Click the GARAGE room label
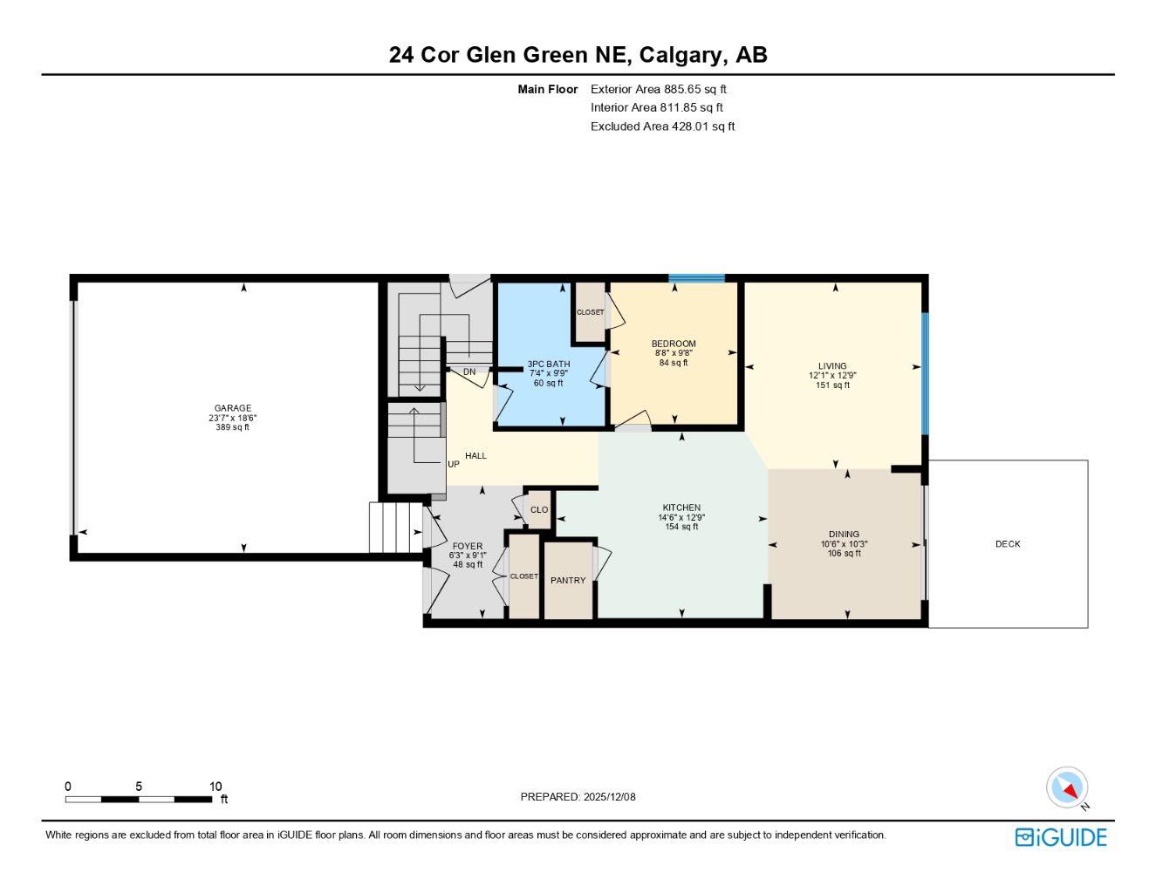pos(233,408)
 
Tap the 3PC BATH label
pos(549,364)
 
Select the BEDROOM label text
pos(674,344)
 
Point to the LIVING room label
pos(832,366)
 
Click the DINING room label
pos(844,535)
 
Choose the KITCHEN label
pos(681,508)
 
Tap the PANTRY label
pos(568,581)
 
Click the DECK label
pos(1008,544)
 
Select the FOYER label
pos(468,547)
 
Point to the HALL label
pos(475,456)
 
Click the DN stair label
pos(469,372)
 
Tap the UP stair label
pos(454,465)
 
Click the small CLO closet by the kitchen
pos(539,510)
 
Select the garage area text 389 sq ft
pos(233,427)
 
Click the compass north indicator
pos(1068,788)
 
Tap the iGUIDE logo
pos(1061,837)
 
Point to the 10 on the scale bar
pos(215,787)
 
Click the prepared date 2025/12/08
pos(611,797)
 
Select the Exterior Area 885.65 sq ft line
pos(659,89)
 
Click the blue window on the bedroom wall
pos(696,279)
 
